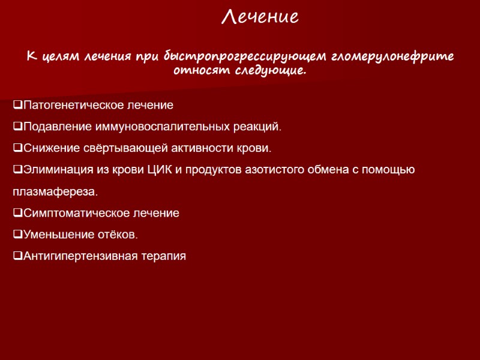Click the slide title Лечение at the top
pos(260,17)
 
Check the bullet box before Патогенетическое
pos(17,106)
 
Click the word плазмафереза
pos(54,192)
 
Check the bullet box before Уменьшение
pos(17,235)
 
